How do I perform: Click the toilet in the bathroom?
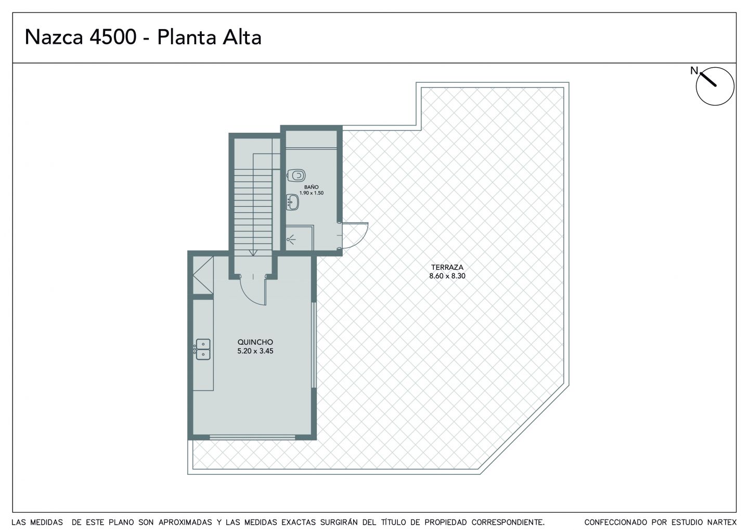click(x=296, y=175)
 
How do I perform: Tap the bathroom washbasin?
click(x=292, y=202)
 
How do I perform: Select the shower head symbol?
click(x=291, y=239)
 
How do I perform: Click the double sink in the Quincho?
click(x=203, y=349)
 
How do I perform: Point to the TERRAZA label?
click(x=447, y=267)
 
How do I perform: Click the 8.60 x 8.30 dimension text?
click(x=447, y=276)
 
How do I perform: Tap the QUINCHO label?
click(x=255, y=342)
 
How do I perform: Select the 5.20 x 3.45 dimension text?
click(x=255, y=351)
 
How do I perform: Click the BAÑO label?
click(x=311, y=187)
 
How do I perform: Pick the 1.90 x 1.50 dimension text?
click(x=311, y=193)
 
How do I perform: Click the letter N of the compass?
click(x=694, y=71)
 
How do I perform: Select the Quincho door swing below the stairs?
click(x=248, y=295)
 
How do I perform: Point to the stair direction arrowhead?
click(x=253, y=253)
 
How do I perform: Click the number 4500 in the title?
click(x=113, y=37)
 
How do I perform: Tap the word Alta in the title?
click(x=242, y=37)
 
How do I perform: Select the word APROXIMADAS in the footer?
click(x=185, y=522)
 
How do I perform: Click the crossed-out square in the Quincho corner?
click(x=203, y=275)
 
